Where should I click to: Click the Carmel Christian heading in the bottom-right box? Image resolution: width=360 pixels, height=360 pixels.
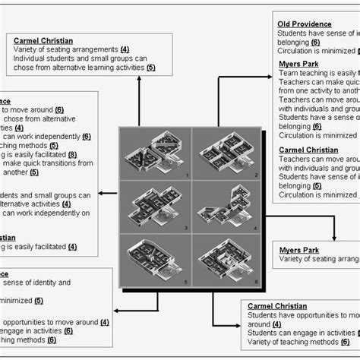click(x=276, y=305)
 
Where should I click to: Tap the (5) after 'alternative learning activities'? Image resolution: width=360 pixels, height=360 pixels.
click(x=150, y=67)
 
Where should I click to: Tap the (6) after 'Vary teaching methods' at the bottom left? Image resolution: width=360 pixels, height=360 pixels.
click(x=51, y=339)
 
